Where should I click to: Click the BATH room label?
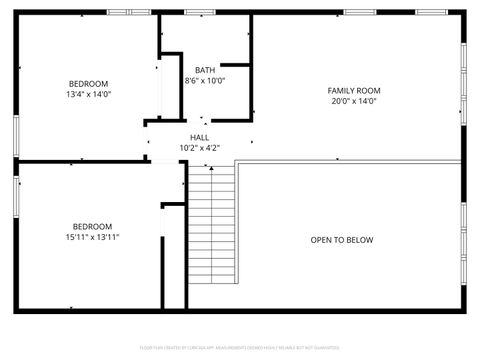coord(205,70)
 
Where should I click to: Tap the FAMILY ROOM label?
coord(354,91)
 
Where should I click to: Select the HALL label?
coord(200,137)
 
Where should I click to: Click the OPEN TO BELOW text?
coord(342,240)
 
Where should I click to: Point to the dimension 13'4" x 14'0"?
coord(88,94)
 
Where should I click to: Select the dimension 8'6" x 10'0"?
coord(205,81)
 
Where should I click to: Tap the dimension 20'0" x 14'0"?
coord(354,101)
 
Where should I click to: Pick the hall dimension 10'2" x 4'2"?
coord(200,148)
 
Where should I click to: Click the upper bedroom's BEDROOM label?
coord(88,83)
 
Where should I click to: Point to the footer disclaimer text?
coord(240,347)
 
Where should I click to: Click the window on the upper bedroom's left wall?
coord(15,134)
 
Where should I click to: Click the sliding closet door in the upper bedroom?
coord(157,90)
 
